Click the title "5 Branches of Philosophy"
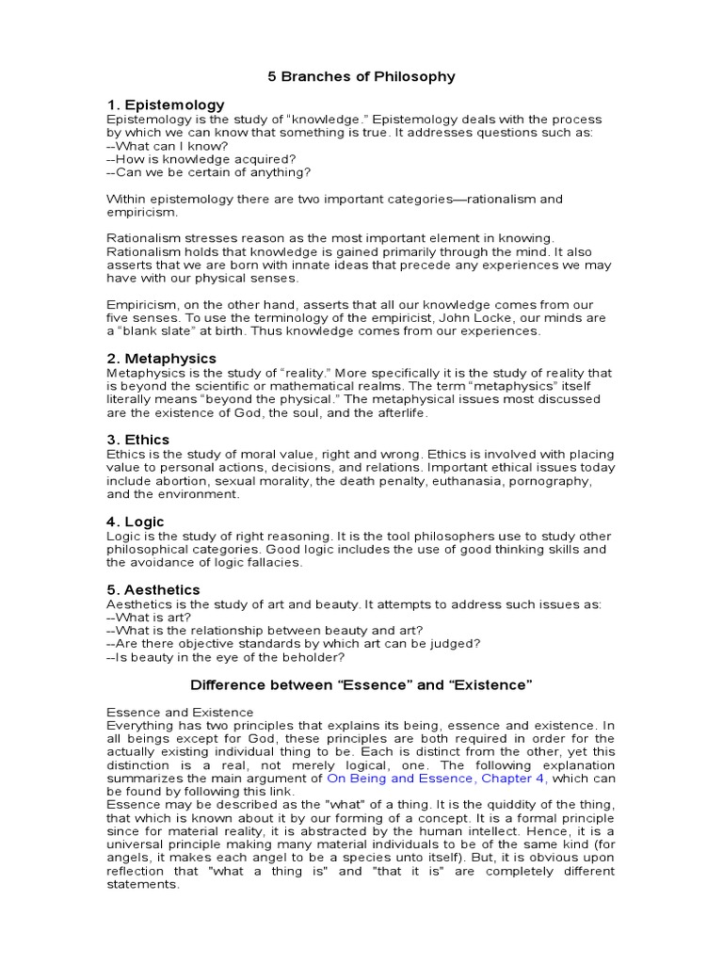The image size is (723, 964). [361, 76]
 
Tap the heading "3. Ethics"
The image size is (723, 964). [138, 440]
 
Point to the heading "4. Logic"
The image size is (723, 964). [136, 522]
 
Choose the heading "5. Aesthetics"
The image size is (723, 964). [153, 589]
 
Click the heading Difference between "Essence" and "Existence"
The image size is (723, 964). [361, 684]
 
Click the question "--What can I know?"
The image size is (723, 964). [168, 146]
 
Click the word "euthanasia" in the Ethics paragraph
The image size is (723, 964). [472, 481]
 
